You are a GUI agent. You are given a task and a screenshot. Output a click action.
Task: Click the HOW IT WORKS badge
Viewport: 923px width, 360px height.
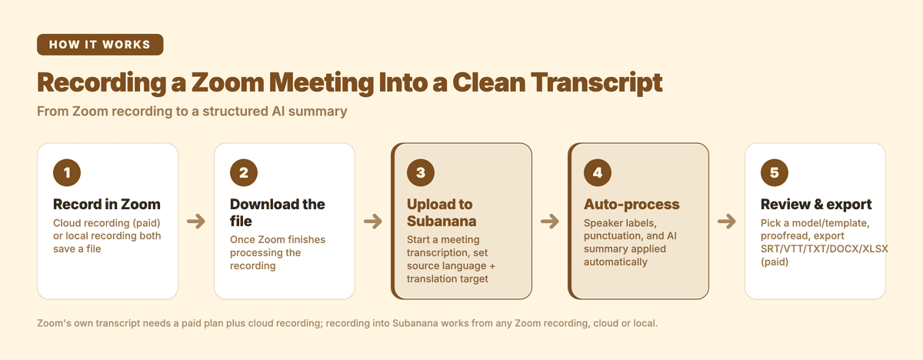[100, 45]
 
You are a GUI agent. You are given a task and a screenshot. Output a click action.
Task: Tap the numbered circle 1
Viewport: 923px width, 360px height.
[67, 172]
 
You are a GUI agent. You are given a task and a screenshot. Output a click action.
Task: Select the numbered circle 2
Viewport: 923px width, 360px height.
[244, 172]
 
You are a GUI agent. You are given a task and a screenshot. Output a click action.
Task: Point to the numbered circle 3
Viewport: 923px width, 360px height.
[420, 172]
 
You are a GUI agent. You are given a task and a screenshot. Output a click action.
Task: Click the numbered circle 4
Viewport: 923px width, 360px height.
[598, 172]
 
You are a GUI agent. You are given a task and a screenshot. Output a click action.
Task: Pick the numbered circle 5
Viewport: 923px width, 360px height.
[775, 172]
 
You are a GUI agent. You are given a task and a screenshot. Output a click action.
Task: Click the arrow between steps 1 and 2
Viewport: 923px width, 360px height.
[196, 222]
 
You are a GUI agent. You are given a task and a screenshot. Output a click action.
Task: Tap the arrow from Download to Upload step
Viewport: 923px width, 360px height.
[373, 222]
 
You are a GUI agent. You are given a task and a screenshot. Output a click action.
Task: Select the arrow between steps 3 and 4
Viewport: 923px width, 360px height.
[550, 222]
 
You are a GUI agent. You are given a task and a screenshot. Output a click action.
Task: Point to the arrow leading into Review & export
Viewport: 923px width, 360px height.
[727, 222]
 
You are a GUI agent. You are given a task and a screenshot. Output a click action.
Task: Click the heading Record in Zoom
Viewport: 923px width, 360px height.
[107, 205]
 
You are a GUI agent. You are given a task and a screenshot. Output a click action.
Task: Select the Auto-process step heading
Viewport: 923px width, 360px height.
[631, 205]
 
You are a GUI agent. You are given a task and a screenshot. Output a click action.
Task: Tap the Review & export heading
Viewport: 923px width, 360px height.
[816, 205]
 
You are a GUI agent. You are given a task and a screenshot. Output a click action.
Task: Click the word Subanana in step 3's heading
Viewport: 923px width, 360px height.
[442, 222]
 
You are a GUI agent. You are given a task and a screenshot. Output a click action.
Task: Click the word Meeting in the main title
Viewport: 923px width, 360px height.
[322, 83]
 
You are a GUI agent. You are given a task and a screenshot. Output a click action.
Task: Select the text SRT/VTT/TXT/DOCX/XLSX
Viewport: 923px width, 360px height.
[824, 248]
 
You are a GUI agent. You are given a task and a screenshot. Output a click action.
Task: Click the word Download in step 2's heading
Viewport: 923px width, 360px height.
[260, 205]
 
